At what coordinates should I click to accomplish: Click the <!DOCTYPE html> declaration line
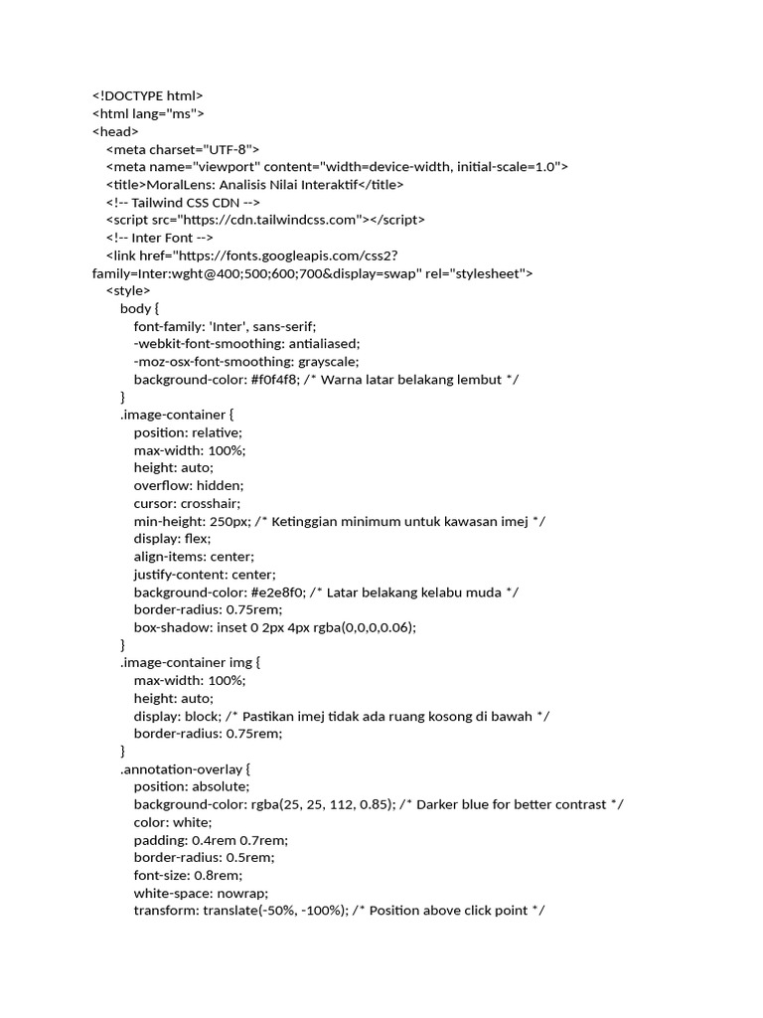click(x=147, y=95)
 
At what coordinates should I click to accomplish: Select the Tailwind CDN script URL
click(x=270, y=220)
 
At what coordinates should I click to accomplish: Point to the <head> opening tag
click(x=115, y=131)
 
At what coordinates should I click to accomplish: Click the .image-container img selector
click(x=189, y=663)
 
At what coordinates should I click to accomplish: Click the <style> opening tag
click(x=128, y=290)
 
